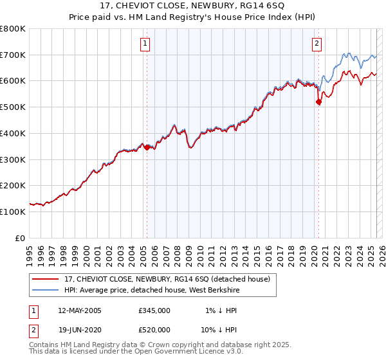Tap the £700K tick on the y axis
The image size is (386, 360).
pyautogui.click(x=13, y=55)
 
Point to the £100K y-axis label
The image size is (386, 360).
pyautogui.click(x=13, y=212)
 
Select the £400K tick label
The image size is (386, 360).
pyautogui.click(x=13, y=133)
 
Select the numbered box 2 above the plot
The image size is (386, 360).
pyautogui.click(x=317, y=44)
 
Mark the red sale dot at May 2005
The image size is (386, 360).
pyautogui.click(x=147, y=147)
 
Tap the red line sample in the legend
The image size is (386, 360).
pyautogui.click(x=45, y=279)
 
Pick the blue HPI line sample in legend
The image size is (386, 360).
pyautogui.click(x=45, y=291)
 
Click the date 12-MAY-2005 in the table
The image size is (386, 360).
pyautogui.click(x=80, y=310)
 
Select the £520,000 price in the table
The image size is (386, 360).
pyautogui.click(x=154, y=330)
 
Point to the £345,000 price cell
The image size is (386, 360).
pyautogui.click(x=154, y=310)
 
